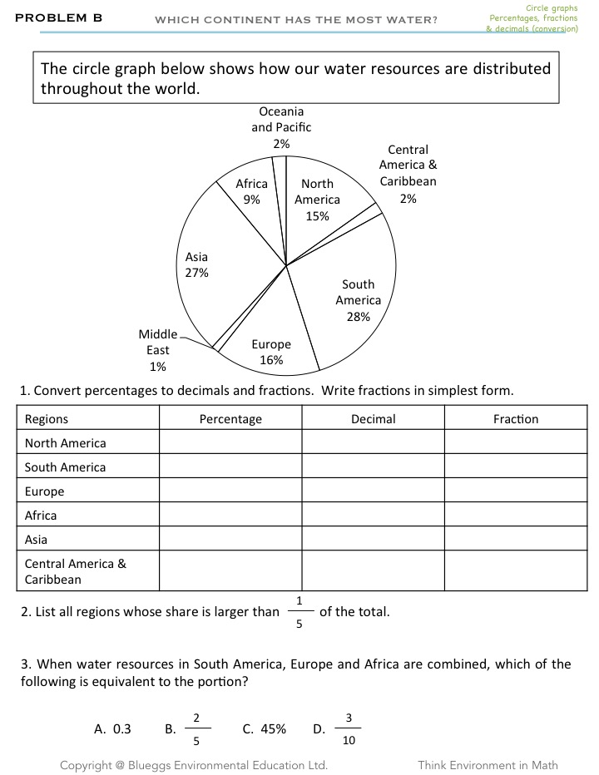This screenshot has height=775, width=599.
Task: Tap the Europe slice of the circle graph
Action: [270, 345]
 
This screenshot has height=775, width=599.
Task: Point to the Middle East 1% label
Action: [157, 350]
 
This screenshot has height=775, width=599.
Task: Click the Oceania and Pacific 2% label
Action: [281, 127]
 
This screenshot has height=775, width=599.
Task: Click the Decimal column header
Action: [373, 419]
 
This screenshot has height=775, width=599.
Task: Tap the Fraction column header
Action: [515, 419]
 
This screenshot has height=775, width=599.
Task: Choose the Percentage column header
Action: [230, 419]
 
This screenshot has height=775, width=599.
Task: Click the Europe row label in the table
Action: [45, 491]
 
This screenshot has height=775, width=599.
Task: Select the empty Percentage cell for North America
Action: [230, 442]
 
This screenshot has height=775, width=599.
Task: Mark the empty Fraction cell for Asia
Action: [515, 540]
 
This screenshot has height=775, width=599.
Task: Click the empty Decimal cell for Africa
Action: [373, 516]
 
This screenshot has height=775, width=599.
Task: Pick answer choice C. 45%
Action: [265, 729]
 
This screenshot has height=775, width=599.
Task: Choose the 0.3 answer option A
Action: [113, 729]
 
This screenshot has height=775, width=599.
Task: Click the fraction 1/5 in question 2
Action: [299, 613]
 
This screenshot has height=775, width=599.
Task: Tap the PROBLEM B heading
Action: [58, 17]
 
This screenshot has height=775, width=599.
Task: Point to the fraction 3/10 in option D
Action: [349, 729]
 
